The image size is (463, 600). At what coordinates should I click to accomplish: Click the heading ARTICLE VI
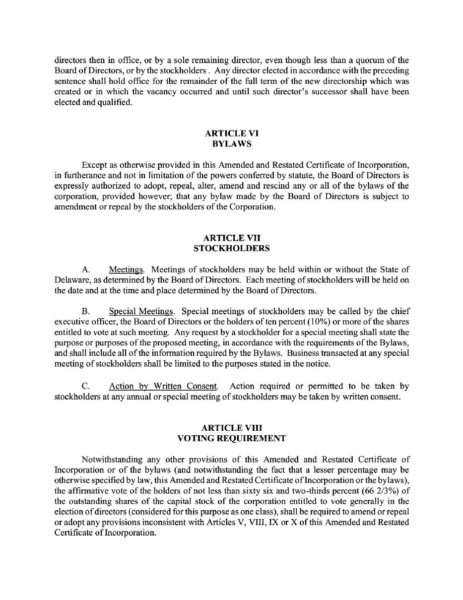[231, 133]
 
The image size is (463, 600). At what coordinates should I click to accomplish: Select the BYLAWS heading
[231, 144]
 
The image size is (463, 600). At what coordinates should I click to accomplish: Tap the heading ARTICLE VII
[231, 238]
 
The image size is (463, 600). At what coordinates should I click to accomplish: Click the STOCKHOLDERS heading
[231, 248]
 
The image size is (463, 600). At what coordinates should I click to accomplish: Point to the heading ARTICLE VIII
[231, 428]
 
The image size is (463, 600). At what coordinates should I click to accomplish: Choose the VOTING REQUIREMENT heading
[231, 438]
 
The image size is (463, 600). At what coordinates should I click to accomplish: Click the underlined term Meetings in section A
[126, 269]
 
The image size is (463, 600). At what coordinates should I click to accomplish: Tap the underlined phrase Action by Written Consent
[163, 386]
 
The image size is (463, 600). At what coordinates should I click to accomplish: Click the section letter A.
[85, 269]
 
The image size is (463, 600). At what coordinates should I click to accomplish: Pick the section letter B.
[85, 312]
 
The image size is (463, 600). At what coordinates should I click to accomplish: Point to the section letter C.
[85, 386]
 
